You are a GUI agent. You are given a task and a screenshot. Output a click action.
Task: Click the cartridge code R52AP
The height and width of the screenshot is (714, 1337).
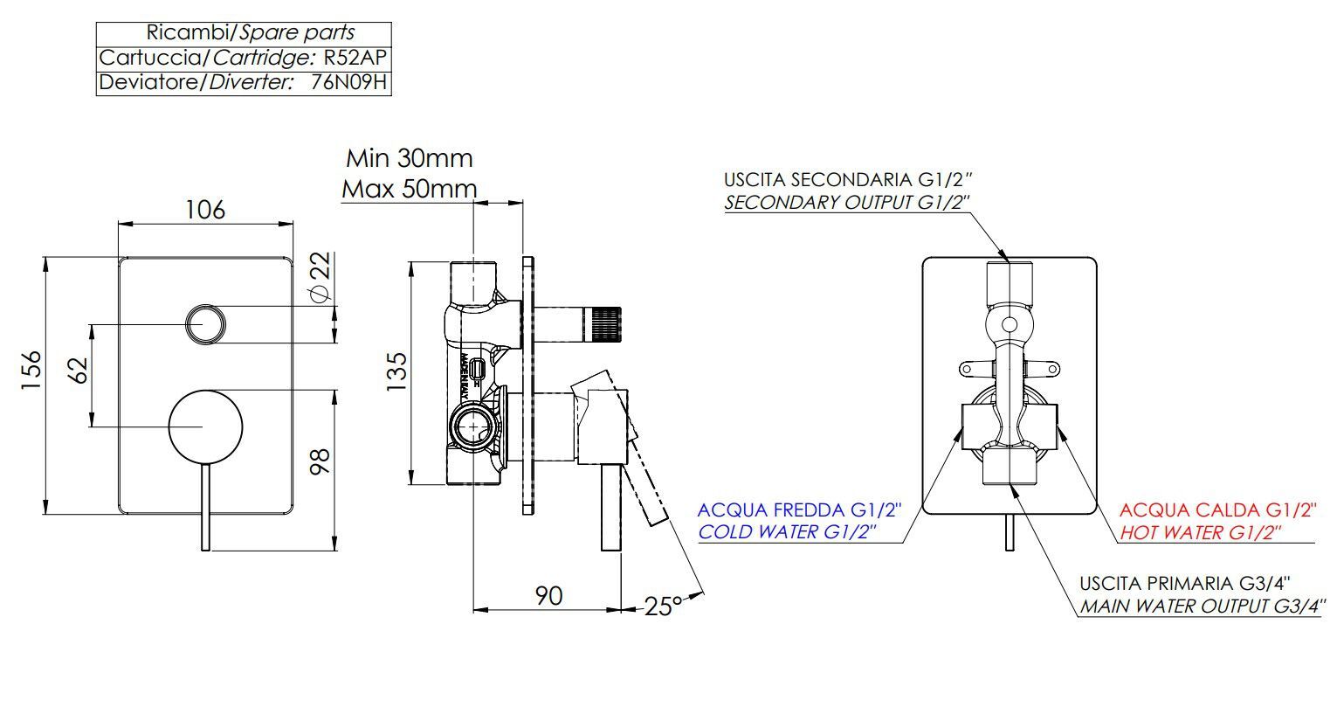coord(355,58)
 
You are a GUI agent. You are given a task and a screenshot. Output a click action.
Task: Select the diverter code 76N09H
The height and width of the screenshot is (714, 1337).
coord(348,82)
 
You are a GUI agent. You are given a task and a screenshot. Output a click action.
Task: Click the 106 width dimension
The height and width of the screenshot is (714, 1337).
coord(205,210)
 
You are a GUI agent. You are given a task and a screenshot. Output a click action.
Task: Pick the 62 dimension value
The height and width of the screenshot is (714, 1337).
coord(79,371)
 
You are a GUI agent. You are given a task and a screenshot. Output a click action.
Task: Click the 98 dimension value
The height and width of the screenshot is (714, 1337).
coord(320,461)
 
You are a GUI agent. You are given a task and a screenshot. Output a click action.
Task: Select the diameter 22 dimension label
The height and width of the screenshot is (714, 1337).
coord(320,277)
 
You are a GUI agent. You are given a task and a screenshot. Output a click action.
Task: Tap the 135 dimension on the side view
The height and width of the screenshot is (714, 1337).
coord(397,371)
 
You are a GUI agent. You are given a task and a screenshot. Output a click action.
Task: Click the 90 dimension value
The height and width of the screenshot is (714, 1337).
coord(548,596)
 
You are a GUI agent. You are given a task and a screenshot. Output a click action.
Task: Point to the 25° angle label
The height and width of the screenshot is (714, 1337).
coord(663,606)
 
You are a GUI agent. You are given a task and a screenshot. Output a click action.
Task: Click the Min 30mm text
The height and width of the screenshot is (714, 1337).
coord(410,158)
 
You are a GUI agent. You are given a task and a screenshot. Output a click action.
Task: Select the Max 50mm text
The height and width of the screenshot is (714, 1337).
coord(410,190)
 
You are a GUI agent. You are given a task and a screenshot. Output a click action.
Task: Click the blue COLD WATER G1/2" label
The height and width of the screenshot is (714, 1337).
coord(787,531)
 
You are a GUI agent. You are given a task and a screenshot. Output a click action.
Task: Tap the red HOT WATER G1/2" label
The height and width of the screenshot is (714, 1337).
coord(1200,532)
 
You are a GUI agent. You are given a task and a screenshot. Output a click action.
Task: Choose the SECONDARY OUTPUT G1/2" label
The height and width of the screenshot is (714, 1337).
coord(846,203)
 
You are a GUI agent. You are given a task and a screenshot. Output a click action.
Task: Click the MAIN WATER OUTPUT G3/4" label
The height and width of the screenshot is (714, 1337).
coord(1203,606)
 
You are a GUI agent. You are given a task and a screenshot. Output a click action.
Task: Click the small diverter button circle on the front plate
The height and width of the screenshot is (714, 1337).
coord(205,324)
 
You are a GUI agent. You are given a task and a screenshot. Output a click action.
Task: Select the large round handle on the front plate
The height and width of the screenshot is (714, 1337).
coord(205,426)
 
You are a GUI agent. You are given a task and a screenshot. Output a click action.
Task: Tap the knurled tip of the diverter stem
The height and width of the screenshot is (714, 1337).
coord(605,324)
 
